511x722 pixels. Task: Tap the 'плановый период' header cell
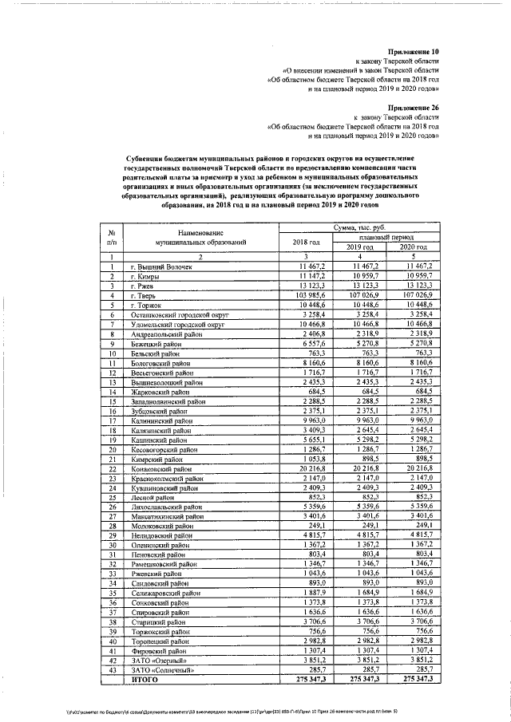tap(389, 237)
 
